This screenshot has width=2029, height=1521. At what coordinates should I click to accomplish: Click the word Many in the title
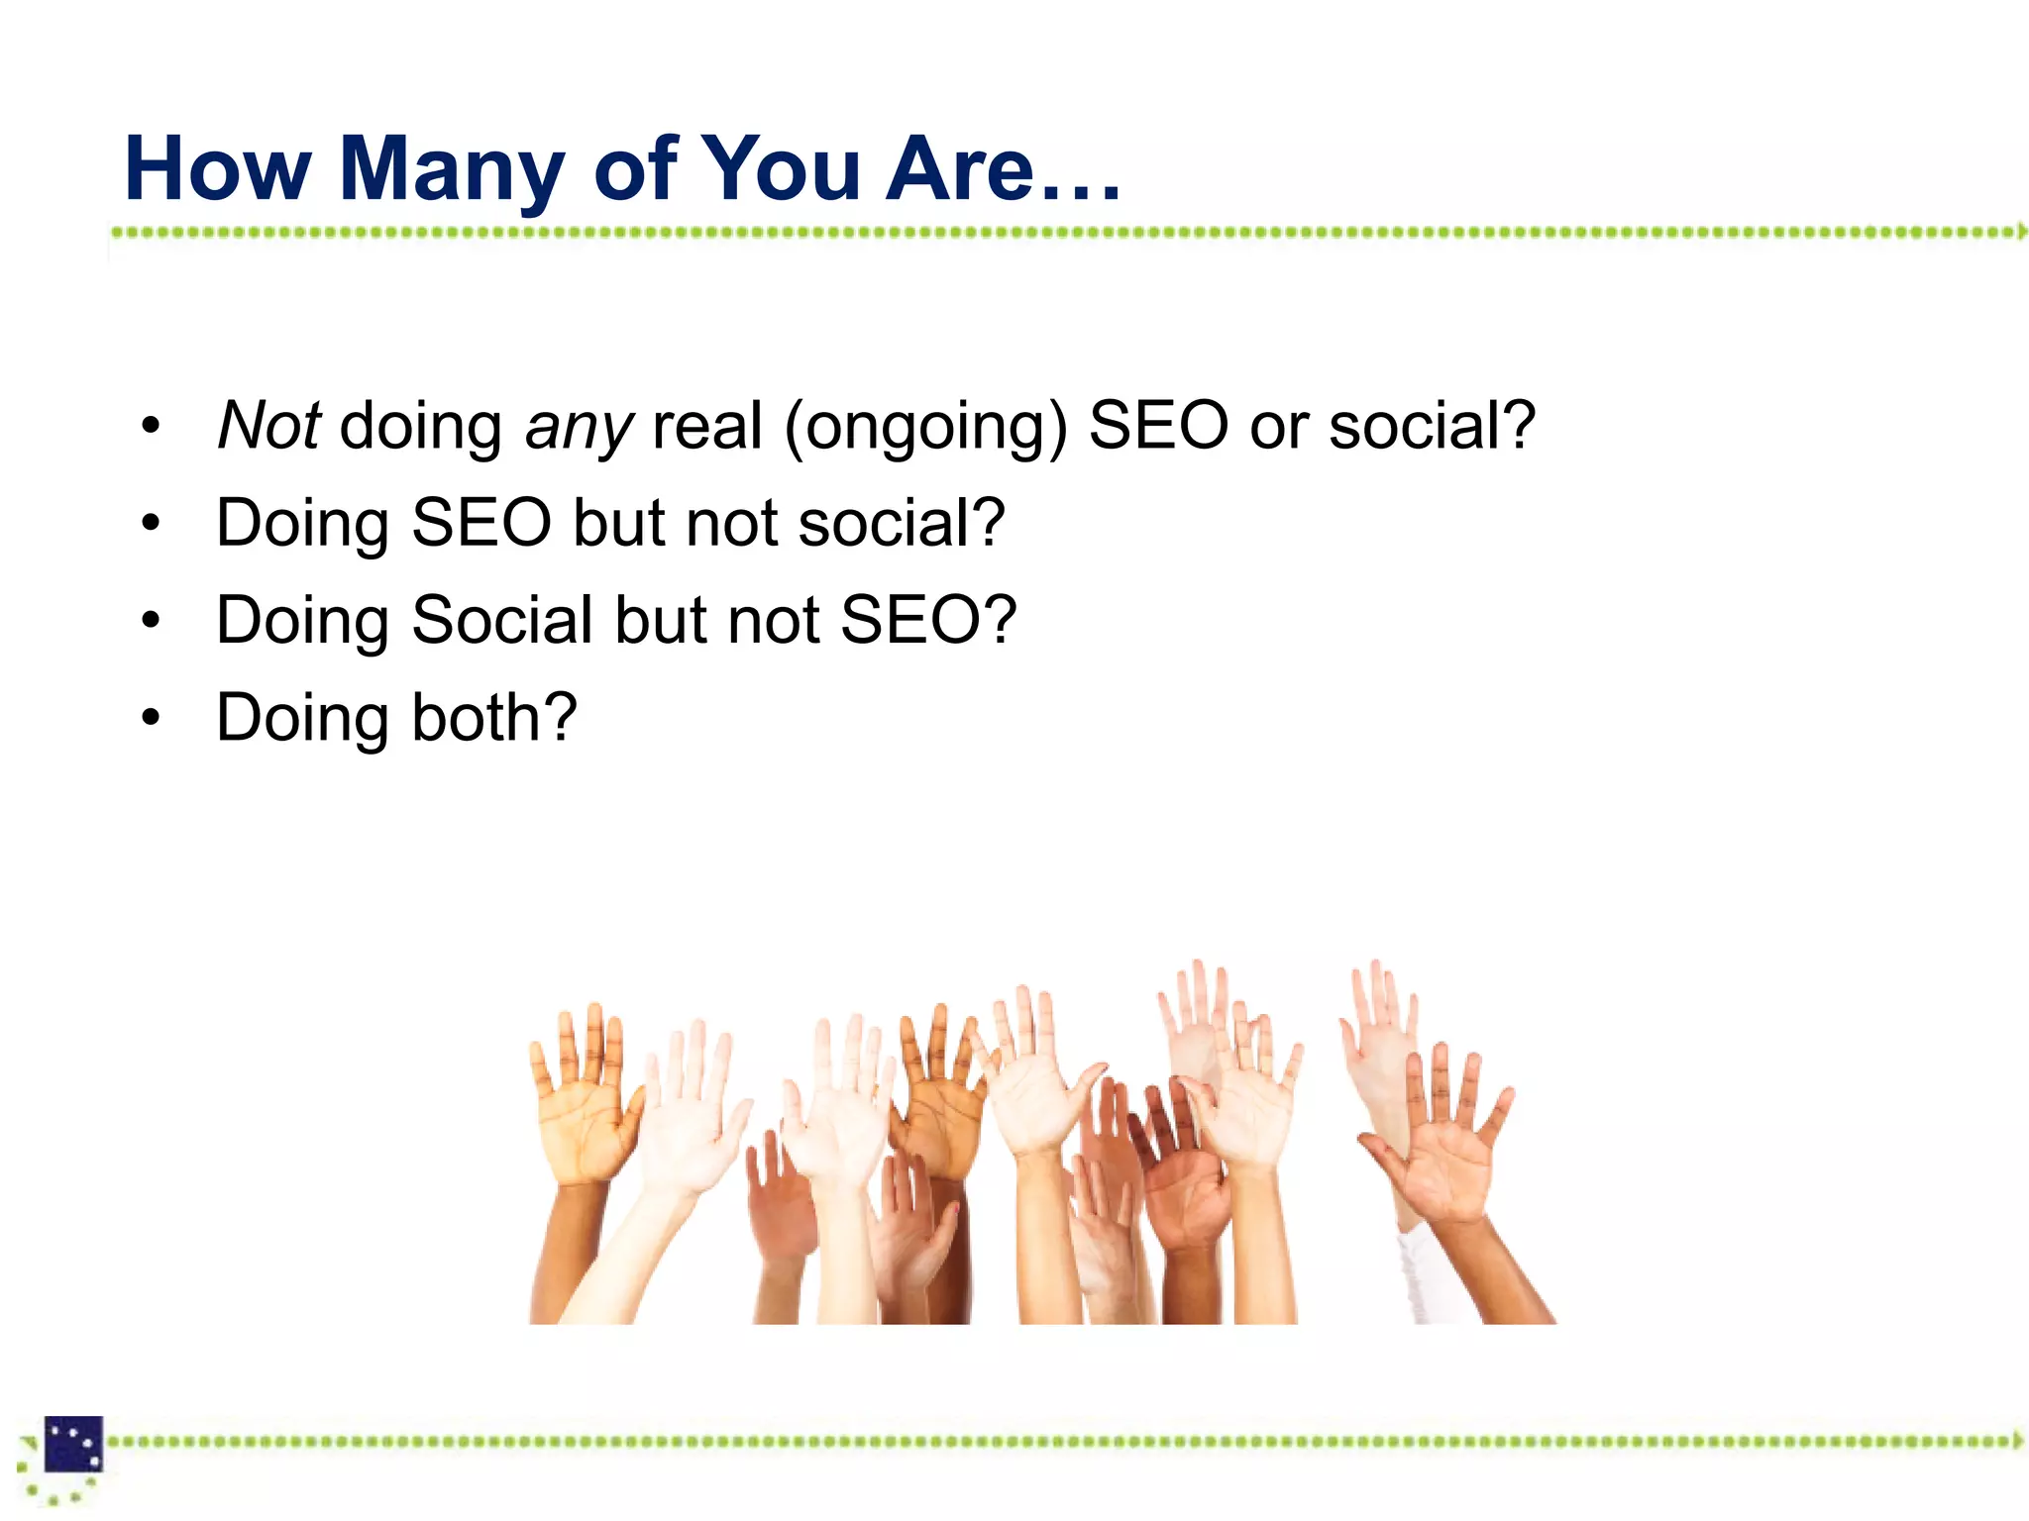(x=452, y=170)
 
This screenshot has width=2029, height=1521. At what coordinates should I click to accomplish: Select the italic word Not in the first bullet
(x=268, y=426)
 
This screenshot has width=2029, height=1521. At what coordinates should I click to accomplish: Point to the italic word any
(x=579, y=428)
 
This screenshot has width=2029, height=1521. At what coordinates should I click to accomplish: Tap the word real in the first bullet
(x=707, y=426)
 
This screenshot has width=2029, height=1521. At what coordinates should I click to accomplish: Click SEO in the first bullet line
(x=1158, y=426)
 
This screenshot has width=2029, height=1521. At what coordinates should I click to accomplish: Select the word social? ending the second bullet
(x=902, y=523)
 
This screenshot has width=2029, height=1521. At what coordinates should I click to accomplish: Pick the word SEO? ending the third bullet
(x=928, y=620)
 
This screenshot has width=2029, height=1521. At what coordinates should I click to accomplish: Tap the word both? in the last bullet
(x=494, y=717)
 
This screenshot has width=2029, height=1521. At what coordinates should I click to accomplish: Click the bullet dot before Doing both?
(x=150, y=717)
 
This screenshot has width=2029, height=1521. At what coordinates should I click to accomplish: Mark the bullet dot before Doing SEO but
(x=150, y=523)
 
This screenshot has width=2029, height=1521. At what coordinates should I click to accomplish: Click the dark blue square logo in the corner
(x=73, y=1445)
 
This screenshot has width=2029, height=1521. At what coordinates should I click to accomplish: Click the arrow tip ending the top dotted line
(x=2022, y=232)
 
